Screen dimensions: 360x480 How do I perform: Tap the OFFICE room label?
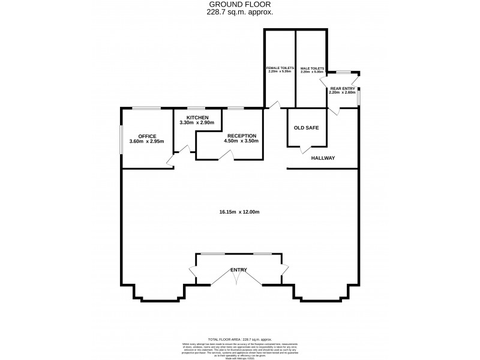point(147,136)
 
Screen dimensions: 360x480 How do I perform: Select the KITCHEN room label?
point(197,117)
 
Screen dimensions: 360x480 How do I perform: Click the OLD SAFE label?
point(306,128)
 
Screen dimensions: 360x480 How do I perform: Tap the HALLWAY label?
point(323,158)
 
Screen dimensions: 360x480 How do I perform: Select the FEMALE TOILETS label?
point(279,68)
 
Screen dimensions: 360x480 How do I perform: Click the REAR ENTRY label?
point(343,88)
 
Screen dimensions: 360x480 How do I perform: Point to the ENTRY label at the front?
point(239,270)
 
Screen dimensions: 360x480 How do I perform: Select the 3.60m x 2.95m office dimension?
point(147,142)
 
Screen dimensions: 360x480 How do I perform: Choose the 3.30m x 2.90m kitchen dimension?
point(197,122)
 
